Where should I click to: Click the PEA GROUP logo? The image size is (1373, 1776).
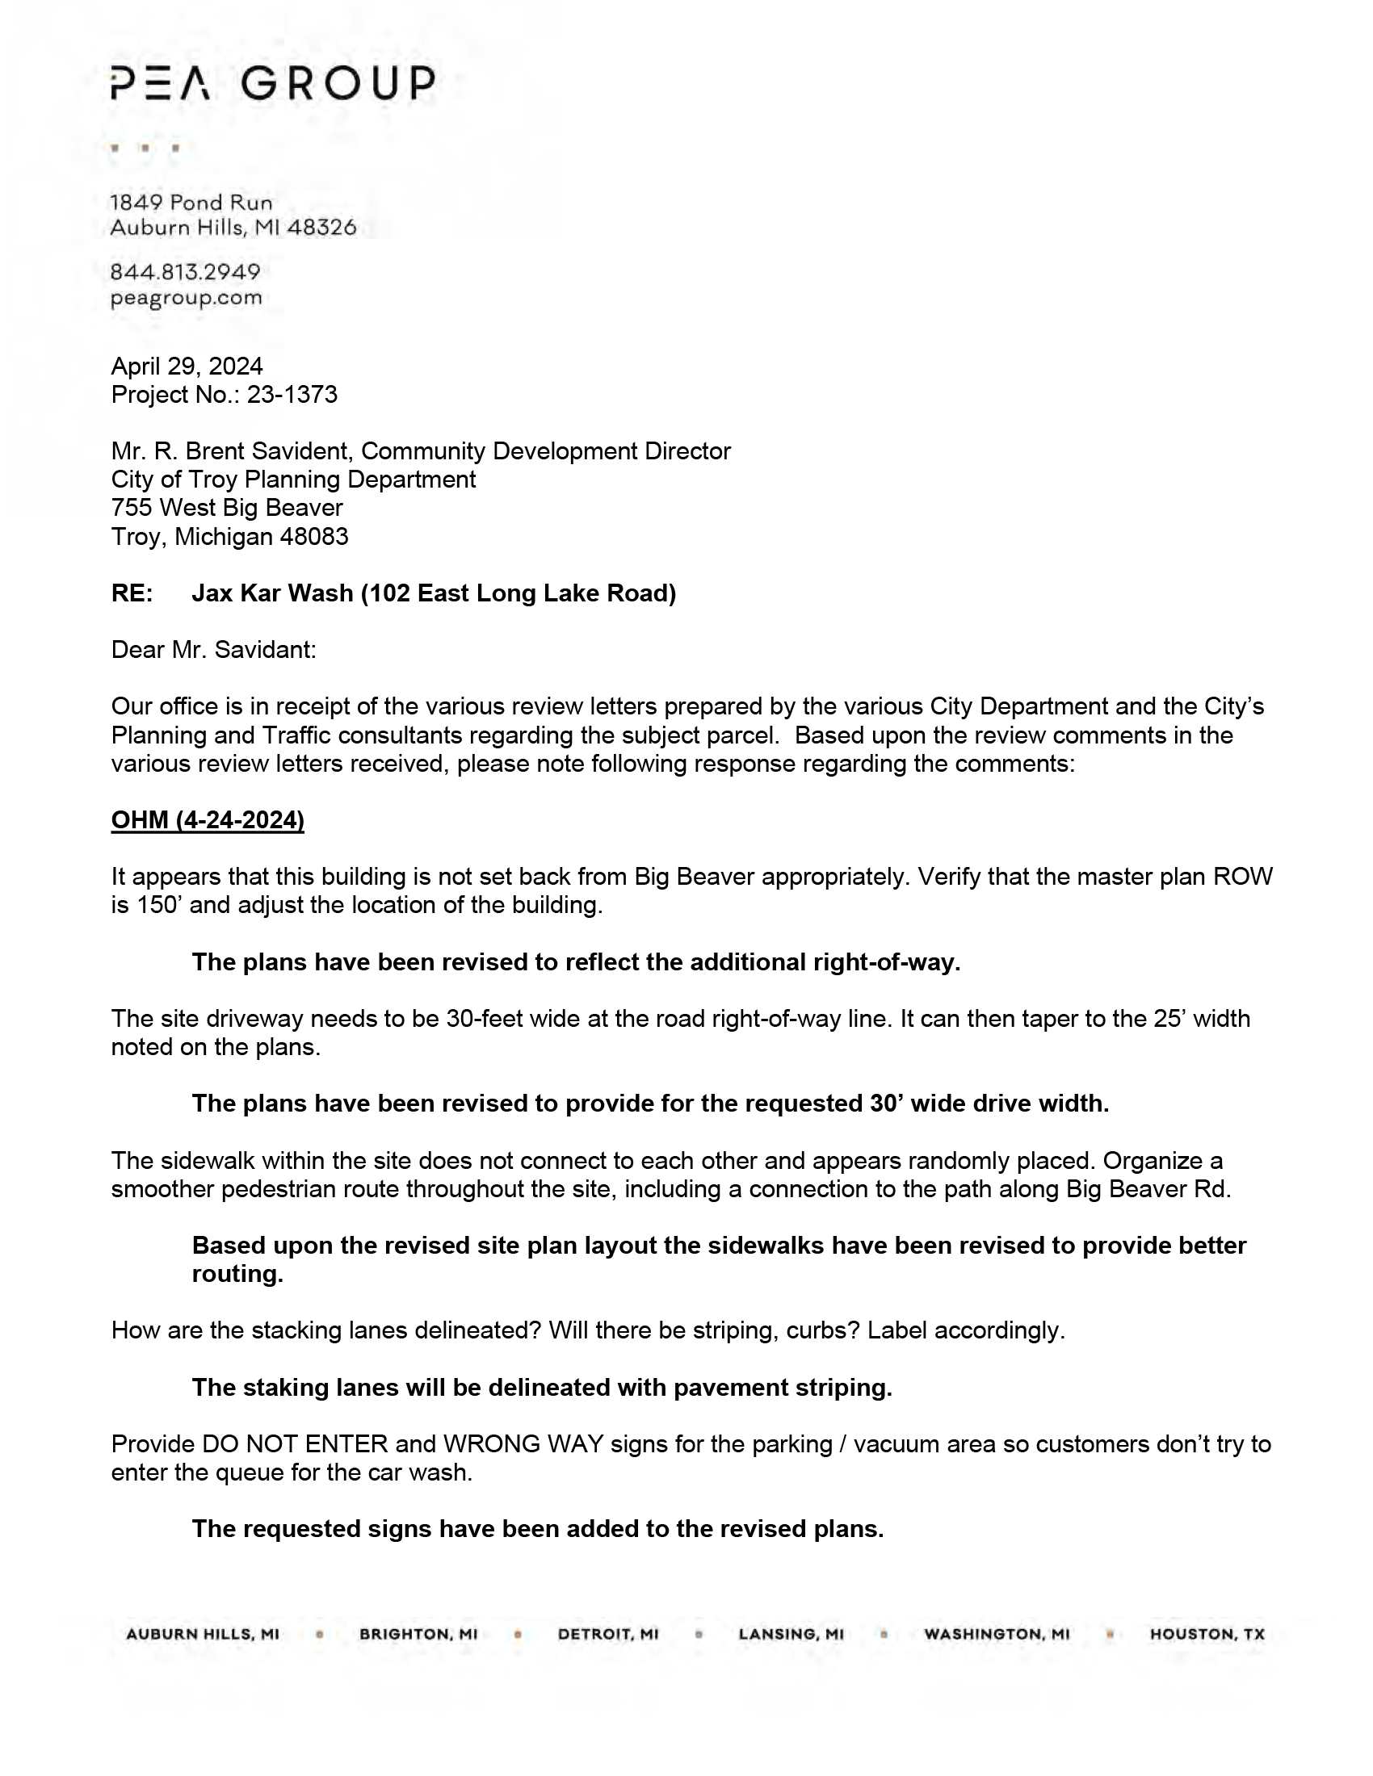coord(272,83)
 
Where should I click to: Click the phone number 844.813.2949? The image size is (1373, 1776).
coord(186,271)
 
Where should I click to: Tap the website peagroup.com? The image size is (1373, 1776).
coord(187,298)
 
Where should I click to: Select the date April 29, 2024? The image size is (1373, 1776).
coord(187,366)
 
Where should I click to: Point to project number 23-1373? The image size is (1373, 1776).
coord(292,395)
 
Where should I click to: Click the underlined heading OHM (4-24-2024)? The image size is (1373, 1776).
coord(208,819)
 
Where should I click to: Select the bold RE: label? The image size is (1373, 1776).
coord(132,593)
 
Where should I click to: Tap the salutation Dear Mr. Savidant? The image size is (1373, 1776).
coord(213,650)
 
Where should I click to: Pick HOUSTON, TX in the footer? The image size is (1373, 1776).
coord(1207,1635)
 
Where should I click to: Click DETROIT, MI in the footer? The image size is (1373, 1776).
coord(608,1635)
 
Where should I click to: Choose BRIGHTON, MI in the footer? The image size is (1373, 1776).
coord(419,1635)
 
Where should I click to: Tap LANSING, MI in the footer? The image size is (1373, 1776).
coord(791,1635)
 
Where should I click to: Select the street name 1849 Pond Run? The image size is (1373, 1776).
coord(191,203)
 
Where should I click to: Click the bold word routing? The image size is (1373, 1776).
coord(237,1274)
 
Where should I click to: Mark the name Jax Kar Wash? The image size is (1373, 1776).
coord(272,593)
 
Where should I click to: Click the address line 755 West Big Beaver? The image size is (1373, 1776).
coord(227,509)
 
